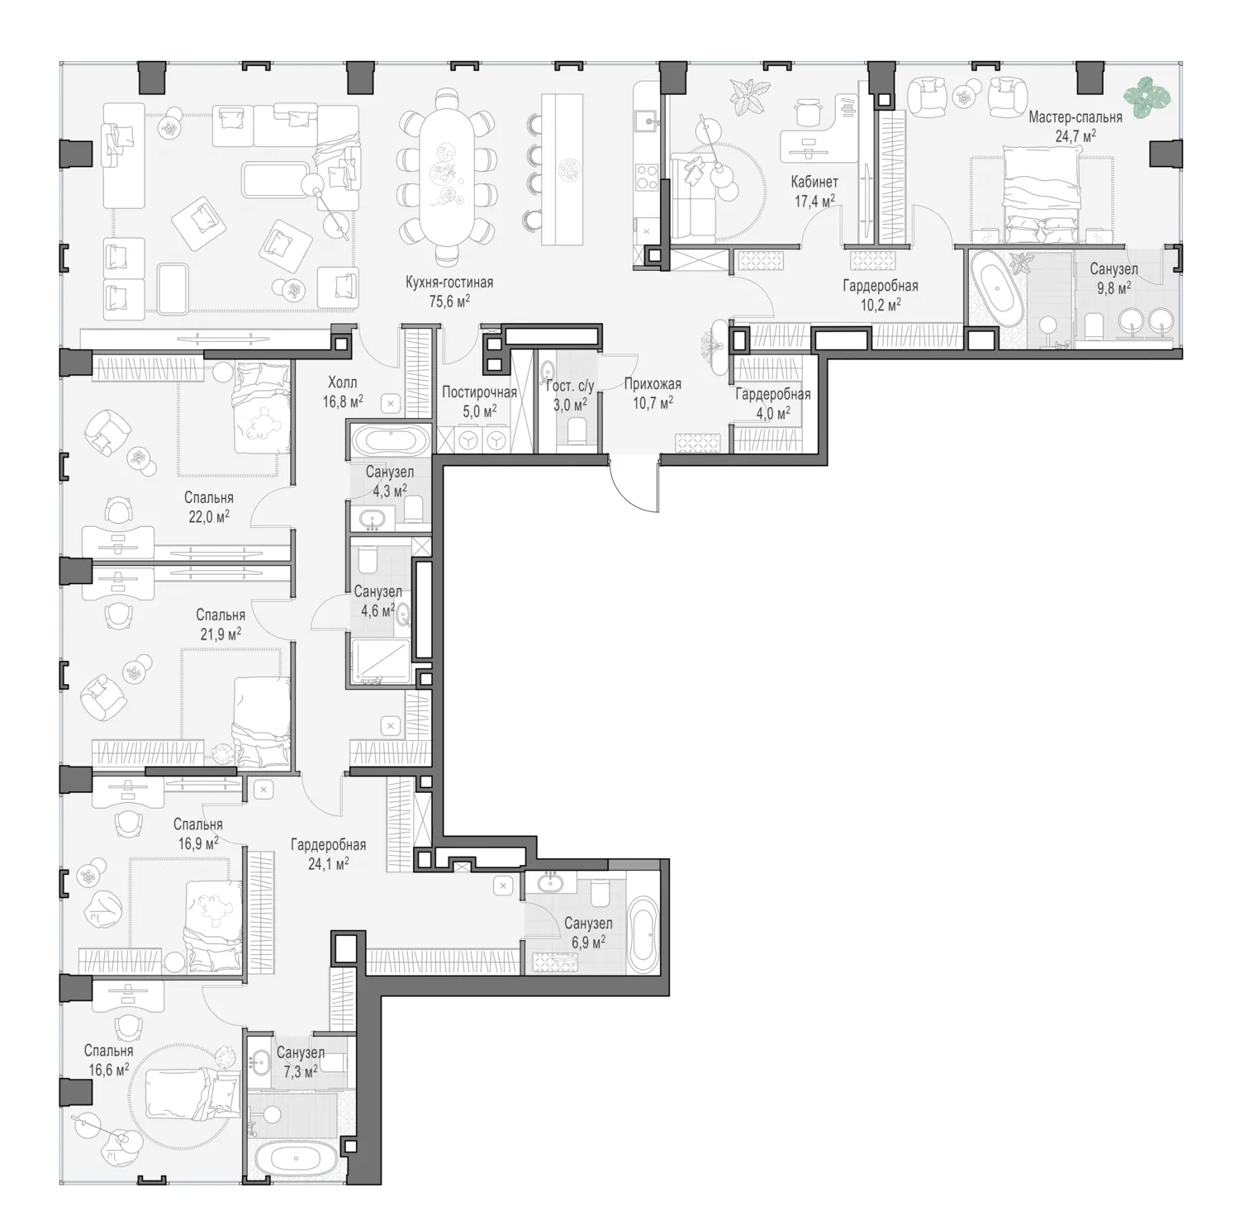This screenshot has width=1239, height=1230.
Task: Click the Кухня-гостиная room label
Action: click(x=449, y=283)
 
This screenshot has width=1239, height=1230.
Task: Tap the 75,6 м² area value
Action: click(x=449, y=301)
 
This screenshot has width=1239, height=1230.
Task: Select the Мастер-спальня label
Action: click(x=1075, y=117)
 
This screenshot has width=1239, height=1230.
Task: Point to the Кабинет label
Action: click(x=814, y=182)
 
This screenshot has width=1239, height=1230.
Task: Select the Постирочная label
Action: click(x=479, y=392)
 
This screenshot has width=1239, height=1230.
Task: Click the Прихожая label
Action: click(x=653, y=384)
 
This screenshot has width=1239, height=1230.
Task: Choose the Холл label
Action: click(x=343, y=382)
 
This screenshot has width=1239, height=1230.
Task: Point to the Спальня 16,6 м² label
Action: click(x=108, y=1061)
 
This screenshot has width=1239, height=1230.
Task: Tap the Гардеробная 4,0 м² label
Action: click(x=772, y=402)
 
